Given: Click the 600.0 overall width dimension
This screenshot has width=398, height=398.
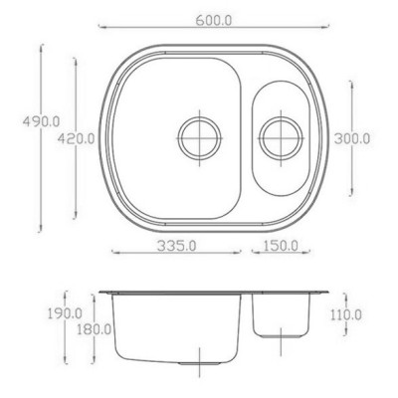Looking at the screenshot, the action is pos(214,20).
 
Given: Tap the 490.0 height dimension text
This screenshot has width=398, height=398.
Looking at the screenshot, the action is pos(41,121).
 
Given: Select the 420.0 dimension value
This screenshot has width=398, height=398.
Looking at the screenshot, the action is pos(77,138).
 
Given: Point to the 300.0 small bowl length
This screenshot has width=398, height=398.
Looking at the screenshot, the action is pos(351,138).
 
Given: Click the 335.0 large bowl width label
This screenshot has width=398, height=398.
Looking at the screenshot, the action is pos(176,246).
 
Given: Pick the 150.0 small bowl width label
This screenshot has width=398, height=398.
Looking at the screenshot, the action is pos(281,246).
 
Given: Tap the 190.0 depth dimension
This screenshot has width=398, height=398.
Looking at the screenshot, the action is pos(65,313).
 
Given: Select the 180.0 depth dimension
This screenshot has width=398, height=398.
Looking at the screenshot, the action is pos(94,329).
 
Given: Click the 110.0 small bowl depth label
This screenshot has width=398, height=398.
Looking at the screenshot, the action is pos(346,314).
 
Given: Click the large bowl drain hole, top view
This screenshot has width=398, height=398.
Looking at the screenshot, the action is pos(199,137).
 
